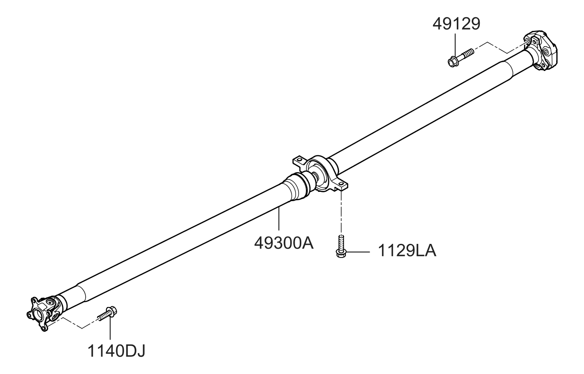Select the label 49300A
click(x=284, y=242)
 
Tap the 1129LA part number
click(x=407, y=252)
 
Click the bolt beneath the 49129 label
click(x=459, y=57)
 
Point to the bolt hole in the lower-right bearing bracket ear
click(x=340, y=183)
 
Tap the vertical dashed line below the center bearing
click(x=341, y=212)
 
